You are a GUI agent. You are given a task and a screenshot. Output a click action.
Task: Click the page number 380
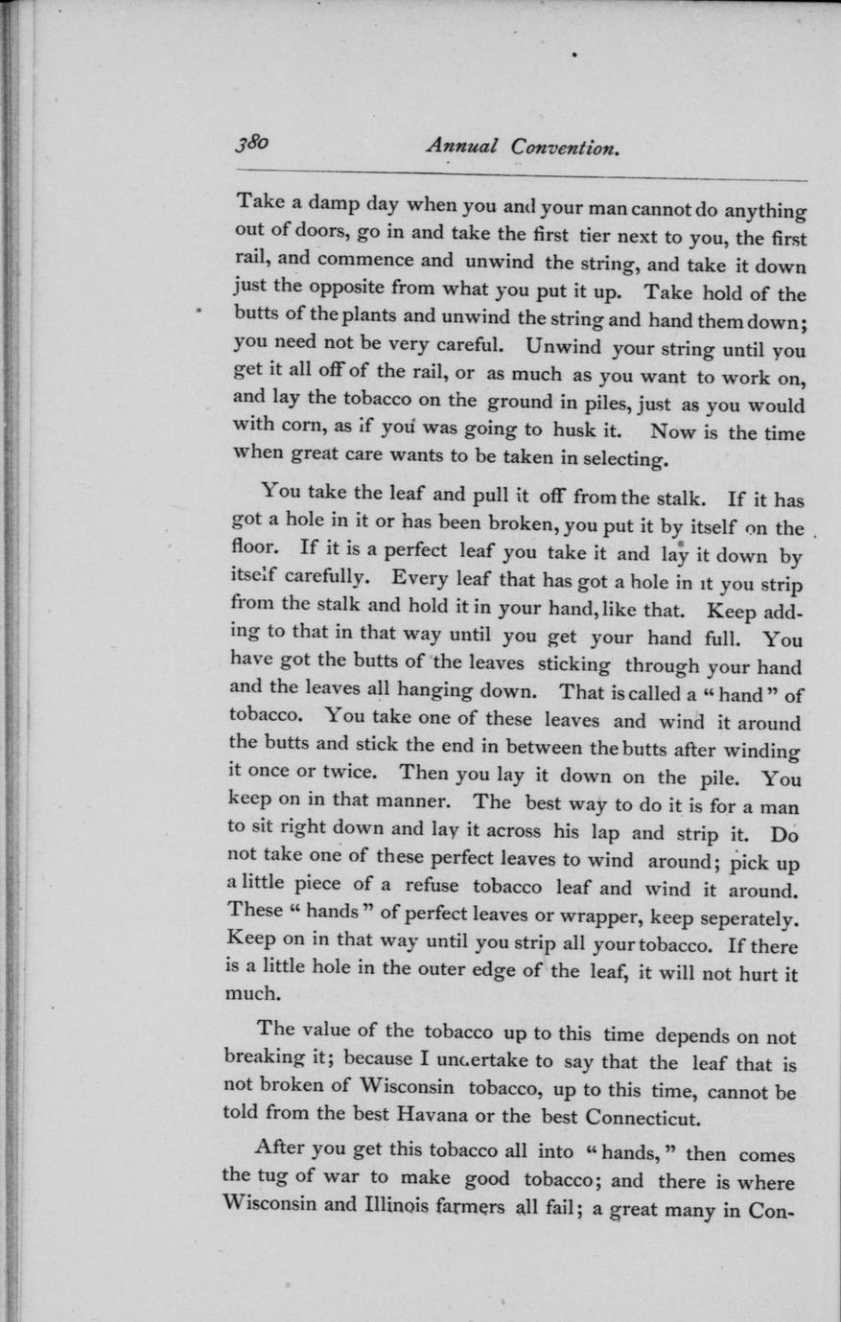point(251,143)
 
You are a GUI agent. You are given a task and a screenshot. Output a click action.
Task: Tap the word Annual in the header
point(462,147)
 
